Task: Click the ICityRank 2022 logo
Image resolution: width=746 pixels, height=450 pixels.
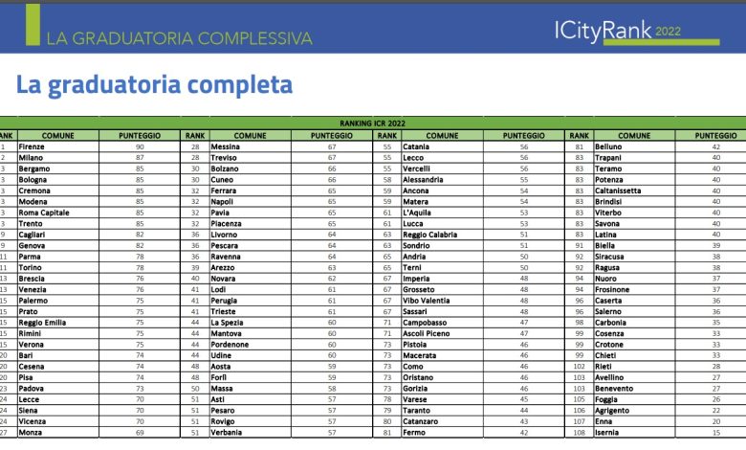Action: coord(635,31)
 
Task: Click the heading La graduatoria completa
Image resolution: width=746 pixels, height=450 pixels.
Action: coord(154,85)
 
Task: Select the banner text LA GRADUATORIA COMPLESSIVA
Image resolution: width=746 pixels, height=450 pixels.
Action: coord(180,38)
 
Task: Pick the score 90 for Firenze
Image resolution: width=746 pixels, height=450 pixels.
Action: coord(140,146)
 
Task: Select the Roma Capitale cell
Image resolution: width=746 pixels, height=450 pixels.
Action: coord(44,213)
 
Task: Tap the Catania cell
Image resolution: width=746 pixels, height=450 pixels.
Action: coord(417,146)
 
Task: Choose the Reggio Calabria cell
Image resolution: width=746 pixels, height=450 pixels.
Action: coord(432,235)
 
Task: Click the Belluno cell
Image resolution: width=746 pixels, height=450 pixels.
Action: coord(609,146)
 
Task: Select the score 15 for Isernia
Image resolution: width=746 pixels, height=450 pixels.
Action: coord(715,433)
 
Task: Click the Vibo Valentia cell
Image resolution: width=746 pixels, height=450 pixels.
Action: coord(427,301)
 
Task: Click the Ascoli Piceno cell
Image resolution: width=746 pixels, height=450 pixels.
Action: coord(426,333)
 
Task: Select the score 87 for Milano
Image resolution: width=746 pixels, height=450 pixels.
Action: coord(140,158)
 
